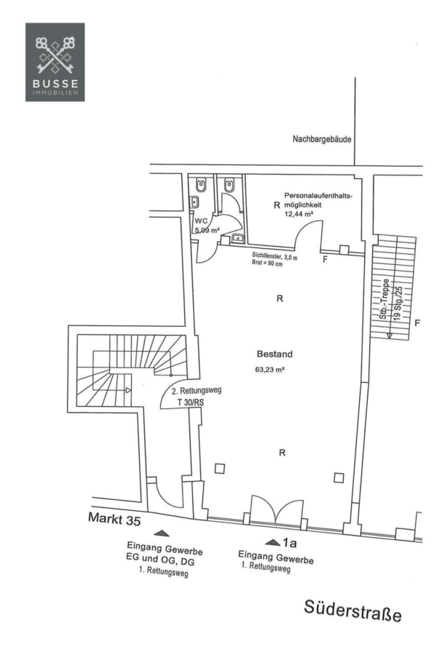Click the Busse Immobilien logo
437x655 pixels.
pyautogui.click(x=55, y=61)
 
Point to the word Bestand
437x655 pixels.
pyautogui.click(x=275, y=354)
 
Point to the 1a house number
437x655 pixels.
pyautogui.click(x=291, y=542)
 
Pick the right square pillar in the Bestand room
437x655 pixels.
pyautogui.click(x=338, y=477)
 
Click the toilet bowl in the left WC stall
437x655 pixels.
pyautogui.click(x=200, y=186)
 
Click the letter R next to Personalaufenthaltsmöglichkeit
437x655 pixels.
pyautogui.click(x=276, y=207)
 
